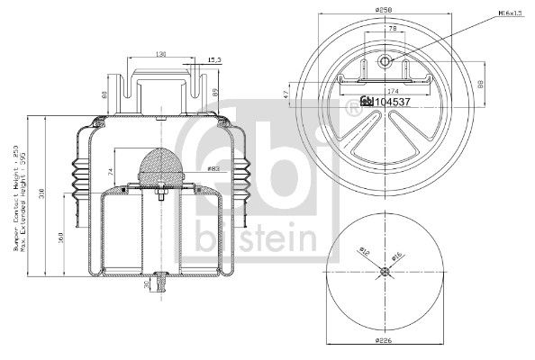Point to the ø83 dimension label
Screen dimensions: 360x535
point(213,168)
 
